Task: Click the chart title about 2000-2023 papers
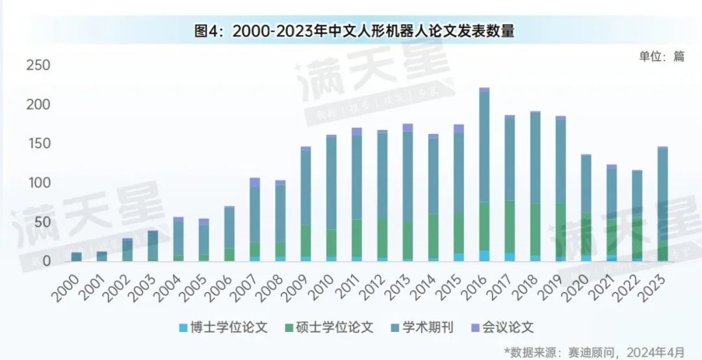click(354, 31)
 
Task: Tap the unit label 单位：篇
click(661, 56)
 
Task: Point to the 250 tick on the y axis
click(38, 65)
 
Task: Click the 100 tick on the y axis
click(38, 183)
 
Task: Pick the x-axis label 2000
click(67, 285)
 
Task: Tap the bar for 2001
click(102, 257)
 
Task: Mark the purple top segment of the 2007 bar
click(255, 182)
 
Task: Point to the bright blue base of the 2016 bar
click(484, 256)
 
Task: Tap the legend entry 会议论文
click(502, 328)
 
